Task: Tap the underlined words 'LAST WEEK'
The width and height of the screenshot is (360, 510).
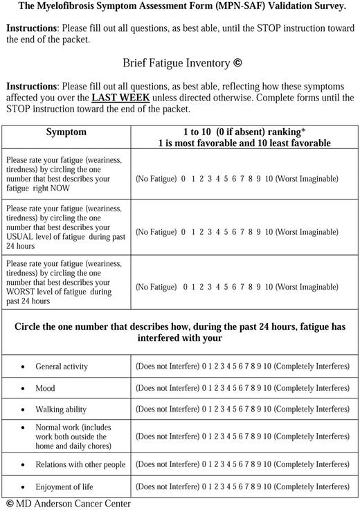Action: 119,98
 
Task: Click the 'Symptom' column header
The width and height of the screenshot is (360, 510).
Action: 66,132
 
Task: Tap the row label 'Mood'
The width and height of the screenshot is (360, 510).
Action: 45,388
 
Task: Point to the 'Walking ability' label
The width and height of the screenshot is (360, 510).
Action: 61,410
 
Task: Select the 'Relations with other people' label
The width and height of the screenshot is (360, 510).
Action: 80,464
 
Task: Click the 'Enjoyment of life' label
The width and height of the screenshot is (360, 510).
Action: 64,486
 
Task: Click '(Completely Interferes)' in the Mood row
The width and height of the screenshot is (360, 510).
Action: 312,388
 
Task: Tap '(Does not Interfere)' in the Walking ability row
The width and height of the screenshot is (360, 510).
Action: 167,410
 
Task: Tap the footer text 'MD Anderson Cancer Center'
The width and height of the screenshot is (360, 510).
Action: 73,504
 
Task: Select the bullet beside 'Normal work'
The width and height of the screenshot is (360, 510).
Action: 24,428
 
